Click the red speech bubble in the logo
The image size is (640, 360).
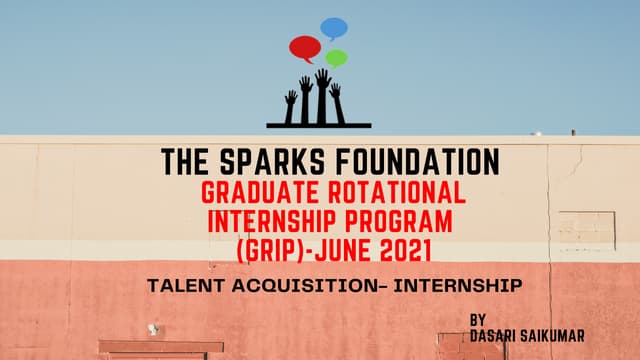pyautogui.click(x=305, y=47)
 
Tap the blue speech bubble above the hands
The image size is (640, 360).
pyautogui.click(x=334, y=28)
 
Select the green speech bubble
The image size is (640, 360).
pyautogui.click(x=336, y=58)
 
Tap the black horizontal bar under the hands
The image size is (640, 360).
pyautogui.click(x=318, y=126)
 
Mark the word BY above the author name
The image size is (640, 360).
pyautogui.click(x=479, y=320)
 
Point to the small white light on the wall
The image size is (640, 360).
pyautogui.click(x=152, y=327)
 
